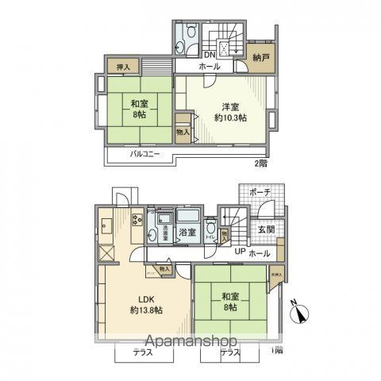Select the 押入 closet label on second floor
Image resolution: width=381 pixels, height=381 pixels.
coord(123,68)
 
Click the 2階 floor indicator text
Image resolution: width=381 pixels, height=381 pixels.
coord(260,164)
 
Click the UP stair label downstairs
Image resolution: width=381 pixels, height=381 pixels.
coord(238,252)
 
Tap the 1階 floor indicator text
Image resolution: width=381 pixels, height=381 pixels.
coord(275,351)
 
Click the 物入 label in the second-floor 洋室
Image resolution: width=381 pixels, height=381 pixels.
coord(183,131)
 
